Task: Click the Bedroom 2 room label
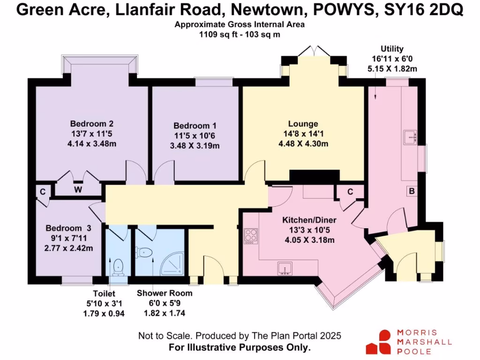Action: [92, 124]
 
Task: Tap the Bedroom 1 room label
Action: [195, 126]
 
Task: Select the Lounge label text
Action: [303, 124]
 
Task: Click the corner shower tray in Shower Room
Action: [170, 266]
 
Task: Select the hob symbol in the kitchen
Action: [251, 236]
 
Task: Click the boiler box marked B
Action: [412, 191]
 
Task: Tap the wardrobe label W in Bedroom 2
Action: [78, 190]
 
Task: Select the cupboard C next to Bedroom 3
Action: [43, 191]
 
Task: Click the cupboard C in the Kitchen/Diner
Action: [350, 192]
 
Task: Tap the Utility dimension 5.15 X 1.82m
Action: [392, 68]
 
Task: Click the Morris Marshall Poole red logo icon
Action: [379, 341]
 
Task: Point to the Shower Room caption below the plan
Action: [165, 293]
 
